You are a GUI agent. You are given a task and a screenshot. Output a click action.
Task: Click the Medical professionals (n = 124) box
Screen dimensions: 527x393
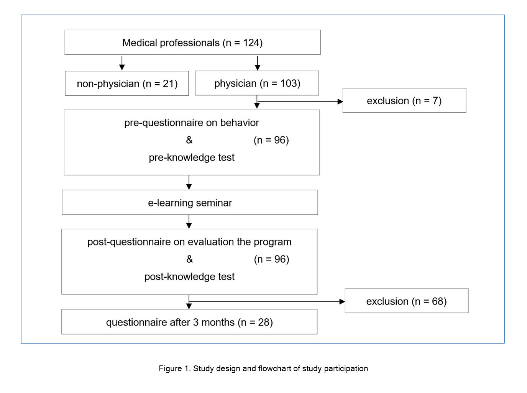pyautogui.click(x=192, y=42)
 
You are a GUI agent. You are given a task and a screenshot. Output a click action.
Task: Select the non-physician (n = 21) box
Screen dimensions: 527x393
pyautogui.click(x=127, y=83)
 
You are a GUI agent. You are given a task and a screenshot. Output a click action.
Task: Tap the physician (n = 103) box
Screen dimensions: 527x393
pyautogui.click(x=257, y=83)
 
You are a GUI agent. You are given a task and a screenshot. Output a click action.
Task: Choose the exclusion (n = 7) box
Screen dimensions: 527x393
pyautogui.click(x=404, y=100)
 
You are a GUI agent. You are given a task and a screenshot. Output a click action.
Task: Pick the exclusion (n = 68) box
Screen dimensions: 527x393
pyautogui.click(x=406, y=301)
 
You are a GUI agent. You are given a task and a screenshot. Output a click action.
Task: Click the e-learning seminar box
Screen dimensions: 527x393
pyautogui.click(x=190, y=202)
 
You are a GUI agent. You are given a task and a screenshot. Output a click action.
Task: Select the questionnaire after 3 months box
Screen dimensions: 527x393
pyautogui.click(x=189, y=322)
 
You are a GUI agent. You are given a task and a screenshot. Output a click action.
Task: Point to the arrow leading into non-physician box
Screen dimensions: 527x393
pyautogui.click(x=122, y=63)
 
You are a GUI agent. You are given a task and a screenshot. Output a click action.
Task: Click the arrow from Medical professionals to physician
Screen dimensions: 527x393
pyautogui.click(x=258, y=63)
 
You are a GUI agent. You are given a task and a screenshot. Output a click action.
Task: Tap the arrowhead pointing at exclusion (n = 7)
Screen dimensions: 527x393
pyautogui.click(x=340, y=102)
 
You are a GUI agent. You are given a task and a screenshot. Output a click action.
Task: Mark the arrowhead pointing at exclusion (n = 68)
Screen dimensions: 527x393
pyautogui.click(x=342, y=301)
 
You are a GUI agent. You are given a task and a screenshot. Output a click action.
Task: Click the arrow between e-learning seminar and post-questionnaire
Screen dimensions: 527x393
pyautogui.click(x=189, y=222)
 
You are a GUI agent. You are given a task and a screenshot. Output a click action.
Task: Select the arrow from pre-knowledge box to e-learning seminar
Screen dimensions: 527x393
pyautogui.click(x=189, y=182)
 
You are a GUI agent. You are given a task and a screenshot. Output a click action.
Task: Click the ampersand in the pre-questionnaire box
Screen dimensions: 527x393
pyautogui.click(x=189, y=140)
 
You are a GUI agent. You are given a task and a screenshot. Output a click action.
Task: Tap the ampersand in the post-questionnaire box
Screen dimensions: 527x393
pyautogui.click(x=189, y=259)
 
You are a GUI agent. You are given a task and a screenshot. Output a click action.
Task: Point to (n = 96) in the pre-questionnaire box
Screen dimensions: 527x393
pyautogui.click(x=271, y=140)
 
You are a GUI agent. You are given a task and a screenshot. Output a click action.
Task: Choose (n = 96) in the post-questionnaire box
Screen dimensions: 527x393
pyautogui.click(x=271, y=259)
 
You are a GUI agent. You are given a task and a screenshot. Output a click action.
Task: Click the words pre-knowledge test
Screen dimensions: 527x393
pyautogui.click(x=192, y=157)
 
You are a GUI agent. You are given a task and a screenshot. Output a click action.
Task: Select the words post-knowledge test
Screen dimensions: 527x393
pyautogui.click(x=189, y=277)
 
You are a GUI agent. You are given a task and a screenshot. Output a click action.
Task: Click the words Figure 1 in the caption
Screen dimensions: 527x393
pyautogui.click(x=174, y=368)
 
